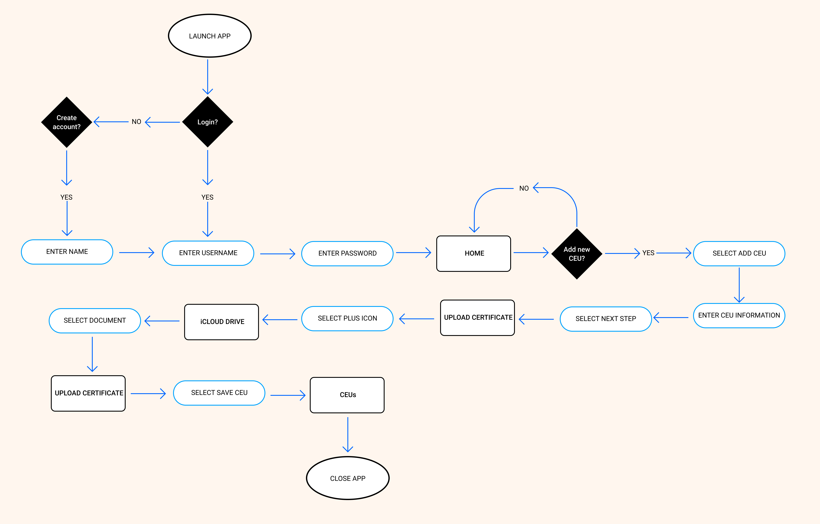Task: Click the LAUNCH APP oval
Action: click(210, 36)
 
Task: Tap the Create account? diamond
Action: click(66, 122)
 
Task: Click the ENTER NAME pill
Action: click(67, 252)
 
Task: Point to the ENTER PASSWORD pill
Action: click(347, 253)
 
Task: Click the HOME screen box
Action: click(474, 253)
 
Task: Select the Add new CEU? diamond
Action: click(576, 254)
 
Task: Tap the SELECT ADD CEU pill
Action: click(739, 253)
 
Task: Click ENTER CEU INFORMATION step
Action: click(739, 315)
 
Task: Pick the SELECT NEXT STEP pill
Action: click(605, 319)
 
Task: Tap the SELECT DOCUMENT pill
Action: click(95, 321)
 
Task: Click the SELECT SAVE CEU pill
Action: click(219, 393)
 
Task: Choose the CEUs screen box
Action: click(347, 395)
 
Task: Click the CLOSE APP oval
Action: click(348, 478)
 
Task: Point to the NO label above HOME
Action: click(524, 188)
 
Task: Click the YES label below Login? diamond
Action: click(207, 197)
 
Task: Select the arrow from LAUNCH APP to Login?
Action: click(207, 77)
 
